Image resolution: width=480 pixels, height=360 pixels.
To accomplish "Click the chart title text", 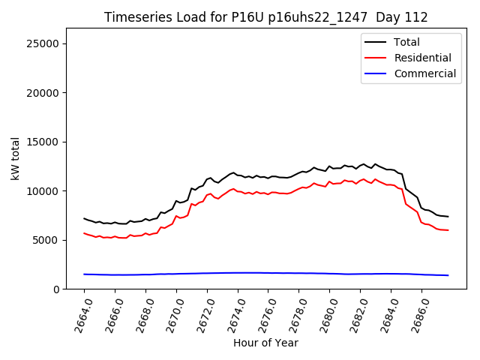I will pos(265,17).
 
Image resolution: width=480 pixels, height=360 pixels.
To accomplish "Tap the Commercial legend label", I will pos(424,73).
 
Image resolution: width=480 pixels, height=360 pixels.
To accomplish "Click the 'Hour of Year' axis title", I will pos(265,343).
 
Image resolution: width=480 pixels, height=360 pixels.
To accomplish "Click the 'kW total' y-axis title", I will pos(15,158).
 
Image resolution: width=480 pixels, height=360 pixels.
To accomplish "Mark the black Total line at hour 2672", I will pos(207,180).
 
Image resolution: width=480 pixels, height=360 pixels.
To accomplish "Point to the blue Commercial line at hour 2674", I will pos(238,273).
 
